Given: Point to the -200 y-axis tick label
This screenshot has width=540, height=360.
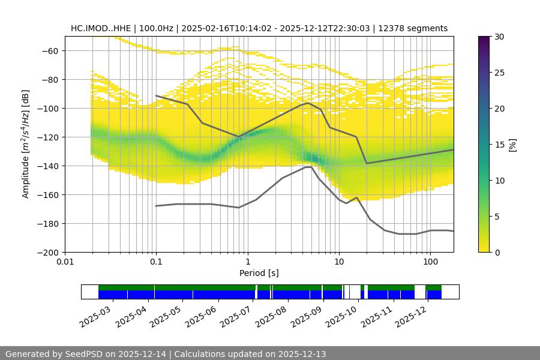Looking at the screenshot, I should [x=49, y=252].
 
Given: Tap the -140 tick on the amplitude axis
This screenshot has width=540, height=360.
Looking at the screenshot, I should [x=49, y=166].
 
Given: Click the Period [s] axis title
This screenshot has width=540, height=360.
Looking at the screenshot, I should [x=259, y=274].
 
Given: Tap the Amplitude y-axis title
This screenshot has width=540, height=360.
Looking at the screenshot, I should [x=26, y=144].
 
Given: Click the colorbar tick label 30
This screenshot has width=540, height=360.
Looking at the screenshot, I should [x=499, y=37].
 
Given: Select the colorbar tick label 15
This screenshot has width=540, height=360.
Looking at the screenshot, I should [x=499, y=145].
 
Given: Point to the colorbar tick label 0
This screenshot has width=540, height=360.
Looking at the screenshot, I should [x=496, y=253].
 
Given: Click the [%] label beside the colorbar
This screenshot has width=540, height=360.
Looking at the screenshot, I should [x=512, y=145].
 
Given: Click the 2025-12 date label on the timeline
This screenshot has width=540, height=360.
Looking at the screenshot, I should [x=410, y=316].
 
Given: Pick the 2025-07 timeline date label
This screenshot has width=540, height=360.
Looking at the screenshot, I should [x=235, y=316].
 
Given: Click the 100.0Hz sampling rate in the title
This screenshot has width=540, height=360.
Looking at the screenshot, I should [x=157, y=28].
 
